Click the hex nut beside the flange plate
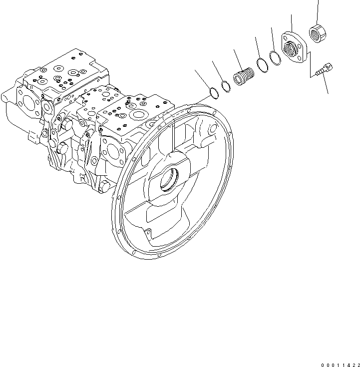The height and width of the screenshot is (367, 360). (318, 33)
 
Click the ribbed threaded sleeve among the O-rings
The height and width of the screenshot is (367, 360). (244, 78)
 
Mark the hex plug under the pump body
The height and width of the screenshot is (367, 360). (104, 186)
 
